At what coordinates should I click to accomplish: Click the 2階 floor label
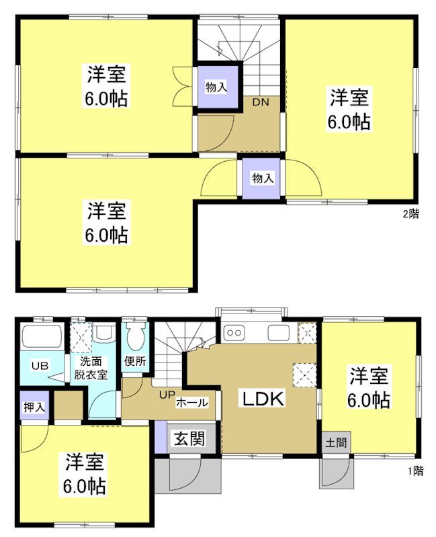[x=411, y=215]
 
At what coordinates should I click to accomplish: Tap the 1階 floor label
[x=415, y=471]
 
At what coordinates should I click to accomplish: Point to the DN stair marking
[x=261, y=103]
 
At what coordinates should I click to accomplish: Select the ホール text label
[x=191, y=403]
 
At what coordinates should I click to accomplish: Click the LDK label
[x=264, y=399]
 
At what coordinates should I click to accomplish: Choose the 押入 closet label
[x=32, y=407]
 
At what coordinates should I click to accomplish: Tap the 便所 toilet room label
[x=135, y=361]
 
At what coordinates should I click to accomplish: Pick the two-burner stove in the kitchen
[x=236, y=332]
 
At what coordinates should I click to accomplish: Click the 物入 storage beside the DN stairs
[x=216, y=86]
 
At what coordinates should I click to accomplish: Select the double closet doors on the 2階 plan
[x=181, y=85]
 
